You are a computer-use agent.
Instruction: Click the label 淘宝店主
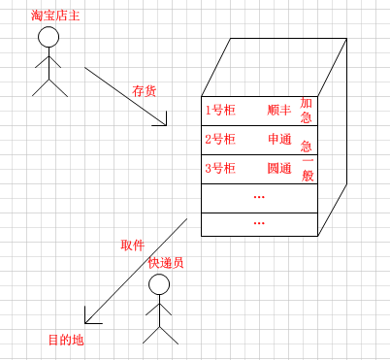[x=55, y=16]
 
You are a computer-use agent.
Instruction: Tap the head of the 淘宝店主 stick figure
[x=49, y=37]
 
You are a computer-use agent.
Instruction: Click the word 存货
[x=144, y=91]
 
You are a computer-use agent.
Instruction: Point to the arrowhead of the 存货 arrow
[x=166, y=125]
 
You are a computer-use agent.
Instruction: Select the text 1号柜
[x=220, y=111]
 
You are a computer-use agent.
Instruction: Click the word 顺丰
[x=279, y=110]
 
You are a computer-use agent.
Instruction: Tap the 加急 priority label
[x=306, y=110]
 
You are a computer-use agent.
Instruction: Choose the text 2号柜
[x=220, y=139]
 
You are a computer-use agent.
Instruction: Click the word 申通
[x=279, y=139]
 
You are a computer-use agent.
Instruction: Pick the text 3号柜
[x=220, y=168]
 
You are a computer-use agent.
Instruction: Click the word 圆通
[x=279, y=168]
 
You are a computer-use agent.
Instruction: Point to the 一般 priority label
[x=308, y=170]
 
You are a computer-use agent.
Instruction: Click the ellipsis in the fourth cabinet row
[x=259, y=197]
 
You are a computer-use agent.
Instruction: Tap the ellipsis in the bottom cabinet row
[x=259, y=223]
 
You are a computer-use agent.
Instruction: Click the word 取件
[x=132, y=245]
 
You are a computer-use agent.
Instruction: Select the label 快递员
[x=166, y=263]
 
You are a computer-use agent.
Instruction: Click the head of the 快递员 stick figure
[x=159, y=284]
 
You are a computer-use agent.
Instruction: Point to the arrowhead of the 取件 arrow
[x=85, y=322]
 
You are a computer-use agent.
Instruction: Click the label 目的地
[x=66, y=340]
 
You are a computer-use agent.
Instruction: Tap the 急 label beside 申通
[x=306, y=147]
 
